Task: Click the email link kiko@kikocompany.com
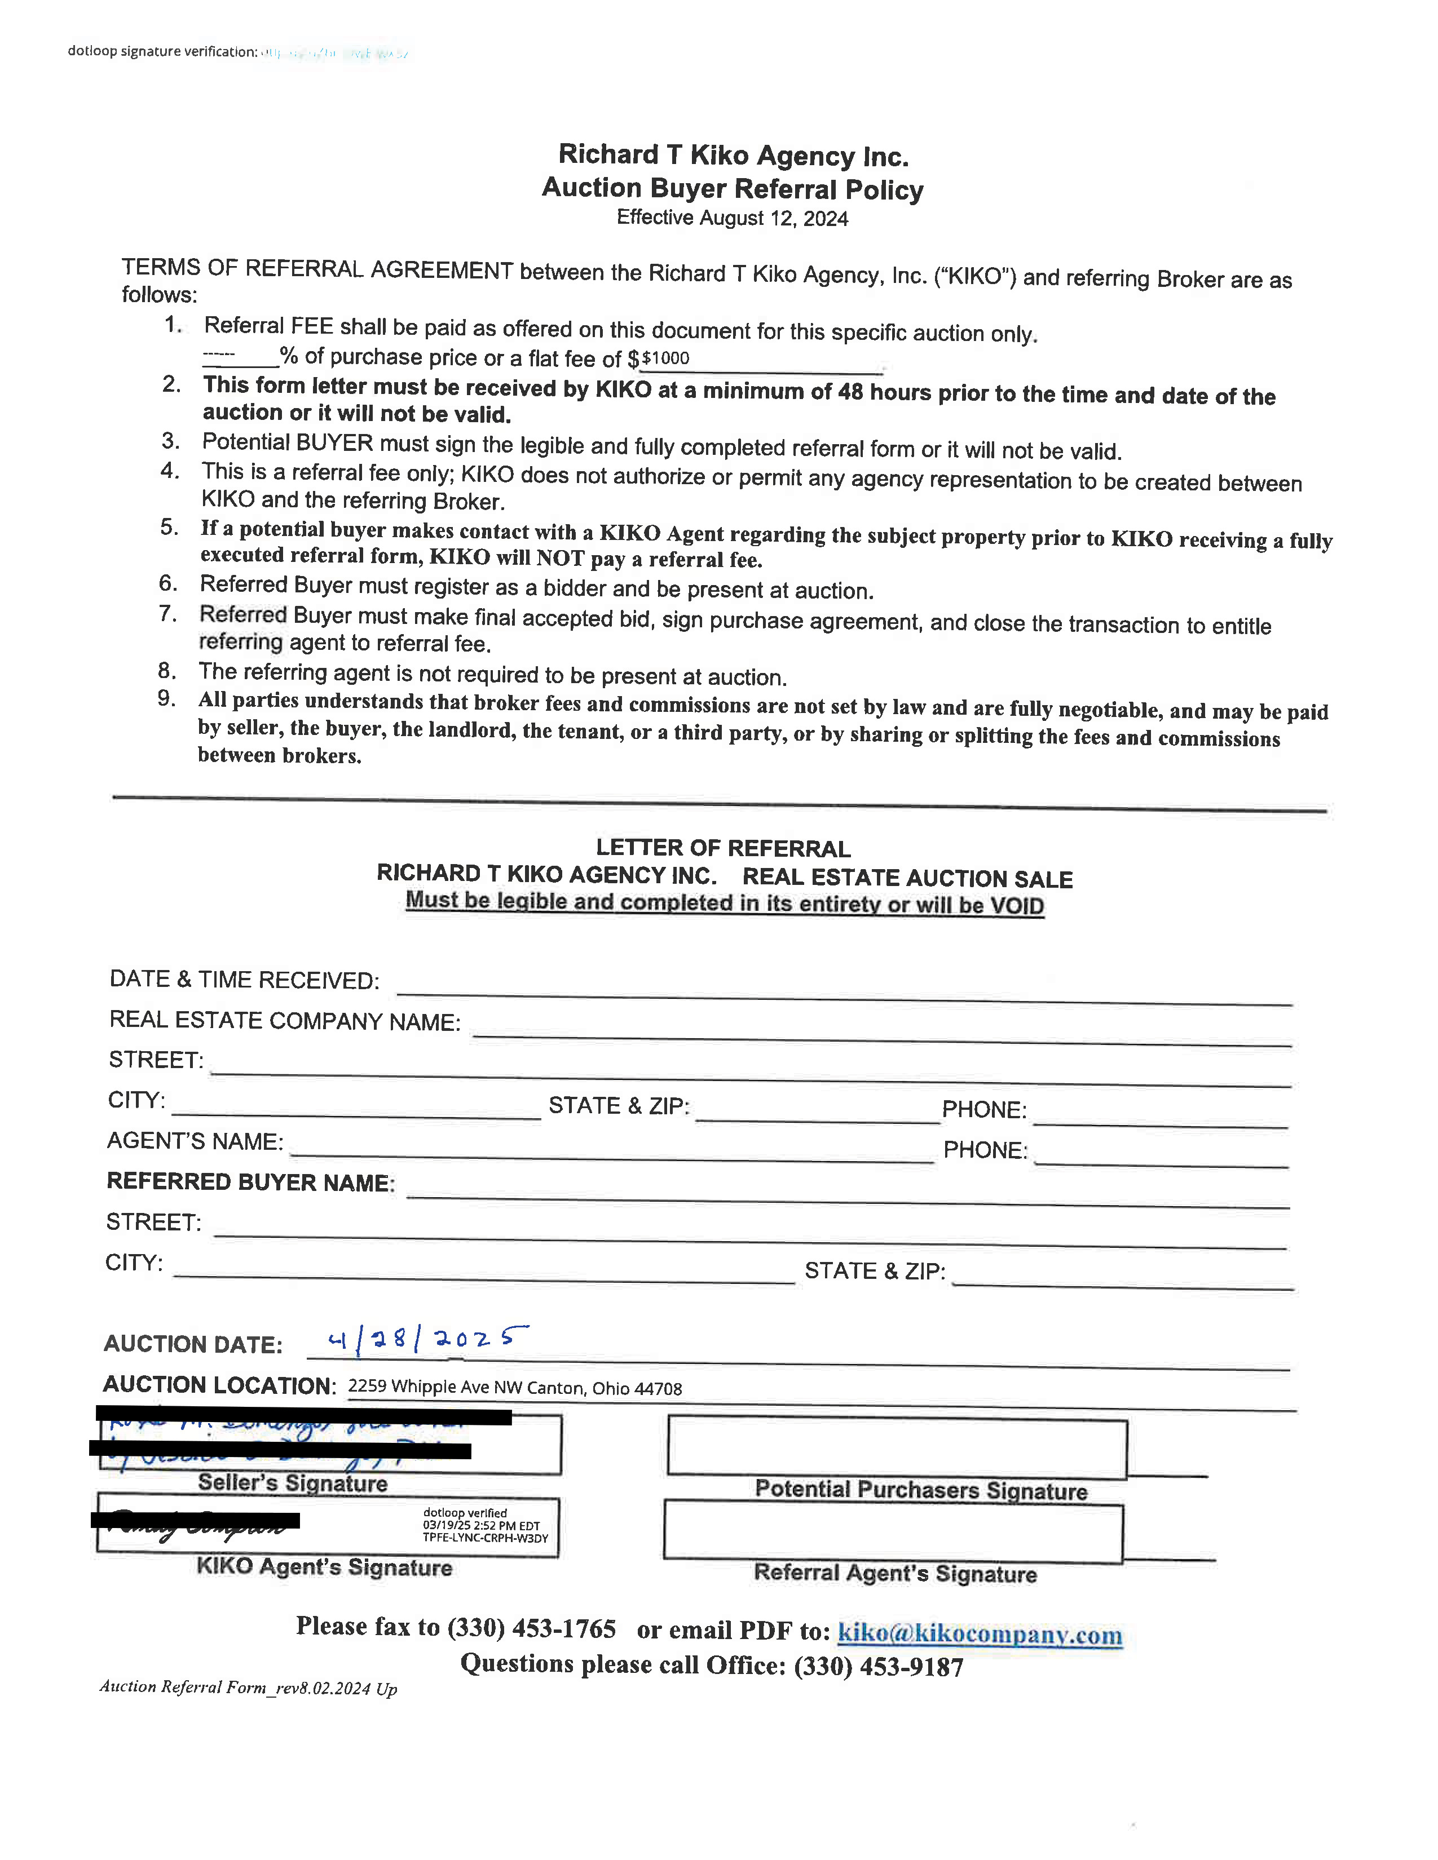[980, 1633]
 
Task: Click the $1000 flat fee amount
[665, 358]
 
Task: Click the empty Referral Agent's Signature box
[893, 1532]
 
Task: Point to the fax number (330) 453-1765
[532, 1628]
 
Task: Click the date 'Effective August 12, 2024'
[732, 218]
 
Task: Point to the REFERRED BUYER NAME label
[250, 1182]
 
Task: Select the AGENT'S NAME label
[195, 1141]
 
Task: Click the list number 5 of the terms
[170, 527]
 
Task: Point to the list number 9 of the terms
[167, 698]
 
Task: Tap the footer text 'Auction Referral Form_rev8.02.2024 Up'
[248, 1687]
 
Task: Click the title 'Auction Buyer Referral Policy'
[732, 188]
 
